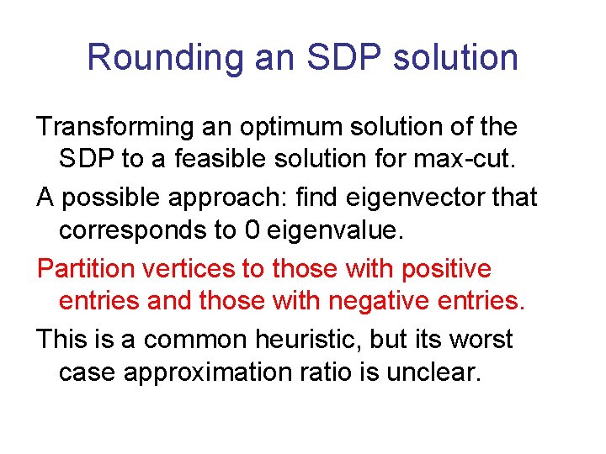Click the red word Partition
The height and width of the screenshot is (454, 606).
click(84, 269)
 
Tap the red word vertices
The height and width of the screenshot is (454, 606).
click(185, 269)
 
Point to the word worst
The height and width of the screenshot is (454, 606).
click(481, 340)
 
